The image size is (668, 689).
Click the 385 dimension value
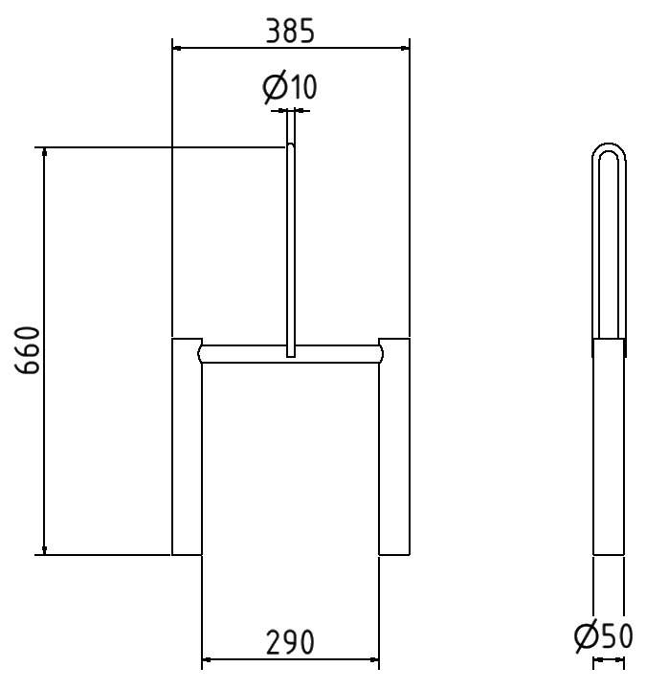[289, 31]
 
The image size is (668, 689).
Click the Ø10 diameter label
[289, 88]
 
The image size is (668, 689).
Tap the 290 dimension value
[289, 641]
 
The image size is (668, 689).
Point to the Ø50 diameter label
[603, 635]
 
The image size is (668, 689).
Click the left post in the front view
[186, 450]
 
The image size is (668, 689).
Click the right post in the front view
[394, 450]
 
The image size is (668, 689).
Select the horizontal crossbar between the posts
[239, 353]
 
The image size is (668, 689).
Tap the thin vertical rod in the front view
[290, 239]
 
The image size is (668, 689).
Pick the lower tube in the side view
[609, 450]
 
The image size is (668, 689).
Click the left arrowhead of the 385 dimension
[177, 45]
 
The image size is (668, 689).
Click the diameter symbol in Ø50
[586, 635]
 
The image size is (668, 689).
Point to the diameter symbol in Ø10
[274, 88]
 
